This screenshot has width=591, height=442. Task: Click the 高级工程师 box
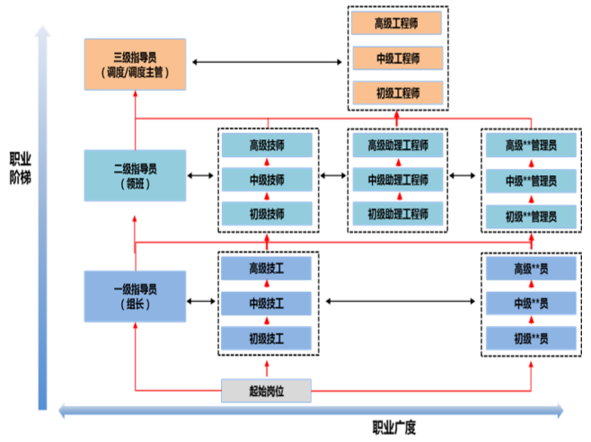tap(398, 24)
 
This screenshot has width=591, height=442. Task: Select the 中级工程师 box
tap(398, 59)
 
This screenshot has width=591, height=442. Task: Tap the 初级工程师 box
tap(398, 93)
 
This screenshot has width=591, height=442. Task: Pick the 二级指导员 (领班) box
tap(135, 174)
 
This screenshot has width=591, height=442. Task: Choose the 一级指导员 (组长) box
tap(135, 296)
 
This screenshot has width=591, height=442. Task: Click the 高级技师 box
tap(266, 145)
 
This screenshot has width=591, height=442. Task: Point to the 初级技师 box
tap(266, 215)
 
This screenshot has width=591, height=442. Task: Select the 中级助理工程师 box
tap(398, 180)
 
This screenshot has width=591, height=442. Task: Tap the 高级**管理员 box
tap(530, 145)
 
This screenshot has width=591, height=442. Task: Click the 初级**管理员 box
tap(530, 216)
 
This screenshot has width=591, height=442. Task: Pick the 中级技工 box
tap(266, 303)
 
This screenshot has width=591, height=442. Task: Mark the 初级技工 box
tap(266, 339)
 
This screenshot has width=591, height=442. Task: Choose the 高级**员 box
tap(530, 269)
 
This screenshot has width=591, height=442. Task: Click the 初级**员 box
tap(530, 339)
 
